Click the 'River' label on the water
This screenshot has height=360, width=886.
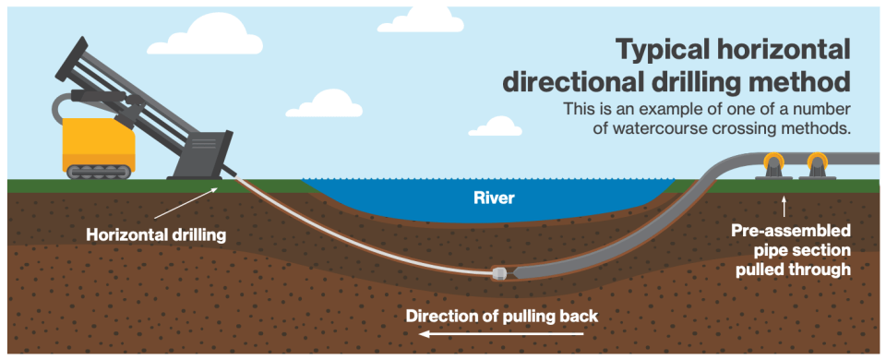click(494, 198)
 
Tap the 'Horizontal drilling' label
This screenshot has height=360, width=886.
click(156, 235)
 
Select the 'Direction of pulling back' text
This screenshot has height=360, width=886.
click(502, 316)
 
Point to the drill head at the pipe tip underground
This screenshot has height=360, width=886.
click(499, 273)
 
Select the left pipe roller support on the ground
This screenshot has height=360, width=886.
click(772, 167)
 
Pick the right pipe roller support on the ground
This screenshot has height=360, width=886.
click(818, 167)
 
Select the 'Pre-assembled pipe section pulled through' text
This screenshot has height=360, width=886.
click(790, 249)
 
